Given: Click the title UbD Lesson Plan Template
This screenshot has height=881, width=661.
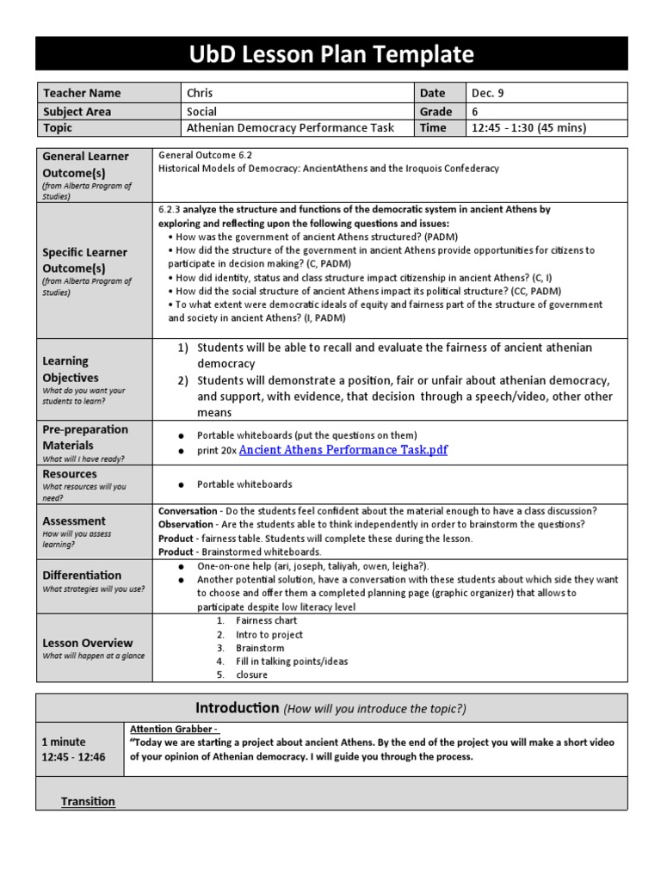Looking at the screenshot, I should pyautogui.click(x=331, y=54).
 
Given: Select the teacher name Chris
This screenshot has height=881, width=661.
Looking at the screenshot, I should pyautogui.click(x=200, y=93).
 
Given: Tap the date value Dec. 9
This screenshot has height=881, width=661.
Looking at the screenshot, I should pyautogui.click(x=491, y=93).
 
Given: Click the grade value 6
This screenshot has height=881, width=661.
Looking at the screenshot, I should pyautogui.click(x=475, y=111).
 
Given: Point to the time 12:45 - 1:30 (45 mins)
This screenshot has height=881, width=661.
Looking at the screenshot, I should pyautogui.click(x=528, y=128).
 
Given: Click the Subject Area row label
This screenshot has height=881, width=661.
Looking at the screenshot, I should pyautogui.click(x=77, y=111).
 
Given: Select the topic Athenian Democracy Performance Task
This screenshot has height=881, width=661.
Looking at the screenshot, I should pyautogui.click(x=290, y=128).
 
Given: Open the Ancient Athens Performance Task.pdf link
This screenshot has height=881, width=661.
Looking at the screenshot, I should pyautogui.click(x=343, y=450).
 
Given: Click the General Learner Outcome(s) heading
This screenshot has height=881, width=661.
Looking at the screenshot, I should pyautogui.click(x=85, y=164).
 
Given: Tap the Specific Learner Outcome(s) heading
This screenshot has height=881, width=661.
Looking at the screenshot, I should pyautogui.click(x=84, y=261).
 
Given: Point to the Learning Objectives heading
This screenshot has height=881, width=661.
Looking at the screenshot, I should pyautogui.click(x=71, y=369).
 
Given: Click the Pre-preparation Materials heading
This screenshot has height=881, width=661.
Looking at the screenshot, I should pyautogui.click(x=85, y=437).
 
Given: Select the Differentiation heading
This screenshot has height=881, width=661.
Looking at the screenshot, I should pyautogui.click(x=82, y=575).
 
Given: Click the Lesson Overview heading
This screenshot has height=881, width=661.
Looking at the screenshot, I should pyautogui.click(x=88, y=643).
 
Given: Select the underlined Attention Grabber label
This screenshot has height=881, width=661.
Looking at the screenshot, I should pyautogui.click(x=174, y=729).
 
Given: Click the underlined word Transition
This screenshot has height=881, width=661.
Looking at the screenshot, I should pyautogui.click(x=88, y=801).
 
